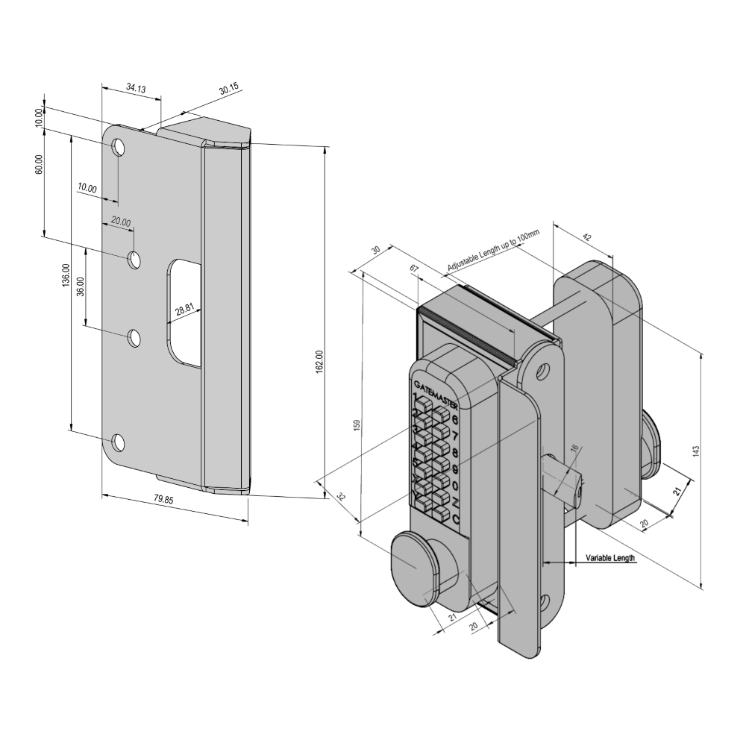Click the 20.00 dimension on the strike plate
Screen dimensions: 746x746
pos(121,222)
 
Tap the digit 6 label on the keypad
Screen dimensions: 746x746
pos(455,419)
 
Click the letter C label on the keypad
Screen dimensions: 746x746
pos(455,520)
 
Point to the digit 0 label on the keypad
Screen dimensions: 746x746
pos(455,486)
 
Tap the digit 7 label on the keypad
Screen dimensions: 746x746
pos(455,436)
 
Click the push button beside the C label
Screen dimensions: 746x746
pos(439,516)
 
